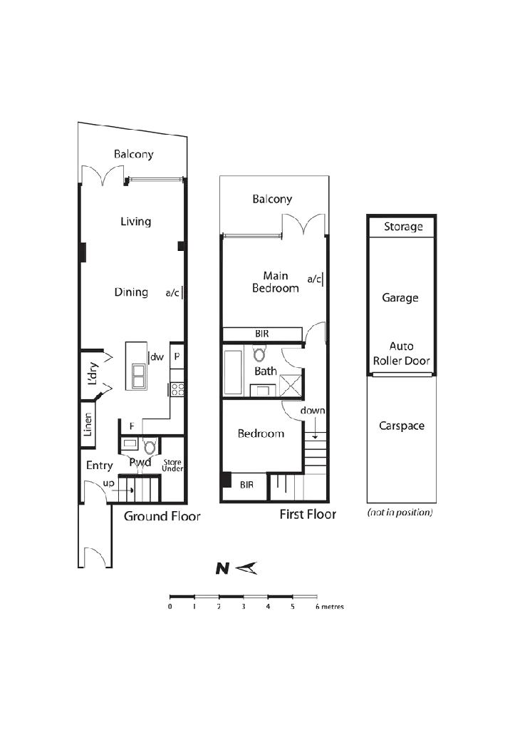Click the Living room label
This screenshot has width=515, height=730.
point(135,222)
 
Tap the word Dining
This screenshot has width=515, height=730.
point(131,292)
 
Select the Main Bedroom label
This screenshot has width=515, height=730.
point(276,282)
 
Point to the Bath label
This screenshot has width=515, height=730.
point(266,371)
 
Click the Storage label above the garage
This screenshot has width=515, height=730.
point(403,227)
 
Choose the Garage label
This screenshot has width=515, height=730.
point(400,297)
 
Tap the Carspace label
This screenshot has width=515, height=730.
point(402,426)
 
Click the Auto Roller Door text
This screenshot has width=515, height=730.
point(402,354)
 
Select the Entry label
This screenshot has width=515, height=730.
point(100,466)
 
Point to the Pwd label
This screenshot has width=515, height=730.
point(140,462)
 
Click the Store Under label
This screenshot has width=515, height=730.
point(172,466)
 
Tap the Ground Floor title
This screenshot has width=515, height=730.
point(162,516)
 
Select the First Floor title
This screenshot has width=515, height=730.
point(308,514)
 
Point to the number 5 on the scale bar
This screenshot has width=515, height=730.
point(293,607)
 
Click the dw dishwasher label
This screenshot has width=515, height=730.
point(157,356)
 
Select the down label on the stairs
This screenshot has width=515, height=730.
point(313,411)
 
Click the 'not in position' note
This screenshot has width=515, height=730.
point(400,513)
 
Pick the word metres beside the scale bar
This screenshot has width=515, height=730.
point(330,607)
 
